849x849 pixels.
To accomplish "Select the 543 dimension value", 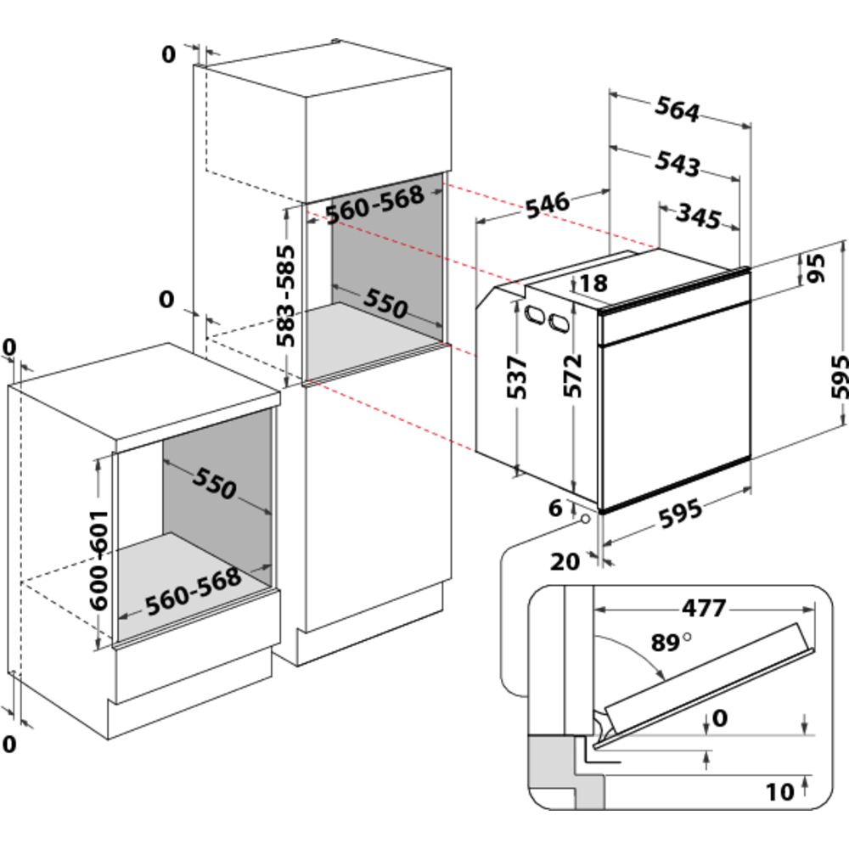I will pyautogui.click(x=677, y=163).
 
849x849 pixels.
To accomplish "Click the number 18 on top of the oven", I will pyautogui.click(x=594, y=283).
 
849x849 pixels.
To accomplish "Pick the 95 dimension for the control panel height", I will pyautogui.click(x=815, y=270).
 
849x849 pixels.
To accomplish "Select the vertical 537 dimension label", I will pyautogui.click(x=518, y=378).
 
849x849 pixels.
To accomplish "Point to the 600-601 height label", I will pyautogui.click(x=99, y=559).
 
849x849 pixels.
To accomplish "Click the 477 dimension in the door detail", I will pyautogui.click(x=704, y=608).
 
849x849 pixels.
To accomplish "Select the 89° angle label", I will pyautogui.click(x=671, y=643).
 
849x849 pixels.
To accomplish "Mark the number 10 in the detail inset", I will pyautogui.click(x=779, y=792).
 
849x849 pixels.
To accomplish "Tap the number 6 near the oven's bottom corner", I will pyautogui.click(x=554, y=509).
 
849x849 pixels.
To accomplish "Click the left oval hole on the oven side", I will pyautogui.click(x=536, y=314).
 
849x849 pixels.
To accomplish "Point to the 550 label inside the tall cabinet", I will pyautogui.click(x=386, y=302).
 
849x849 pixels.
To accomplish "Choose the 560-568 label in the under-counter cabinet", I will pyautogui.click(x=193, y=592).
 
